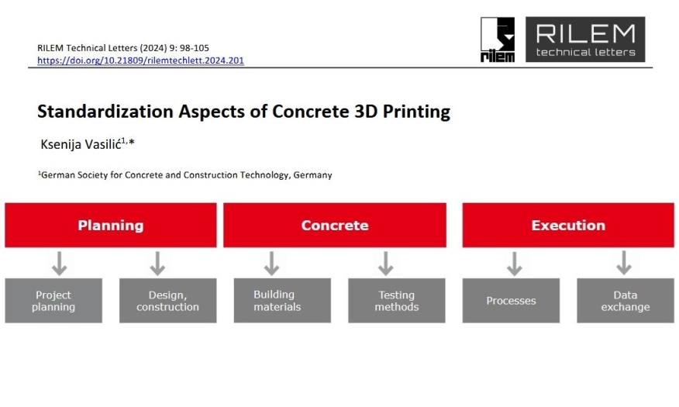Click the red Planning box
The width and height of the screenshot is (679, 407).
click(111, 225)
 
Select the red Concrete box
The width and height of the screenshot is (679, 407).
click(335, 225)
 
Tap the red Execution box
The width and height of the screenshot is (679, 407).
click(568, 225)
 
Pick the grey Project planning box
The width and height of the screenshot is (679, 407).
click(53, 301)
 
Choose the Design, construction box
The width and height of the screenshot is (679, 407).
click(168, 301)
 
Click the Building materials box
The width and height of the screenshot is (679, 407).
click(282, 301)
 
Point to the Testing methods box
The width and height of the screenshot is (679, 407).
click(397, 301)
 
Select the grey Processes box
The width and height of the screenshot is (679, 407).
click(511, 301)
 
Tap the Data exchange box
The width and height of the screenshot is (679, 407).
click(626, 301)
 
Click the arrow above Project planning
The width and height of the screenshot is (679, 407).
click(60, 264)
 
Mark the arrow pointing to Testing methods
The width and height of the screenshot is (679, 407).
click(385, 264)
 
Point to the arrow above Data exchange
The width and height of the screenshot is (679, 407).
click(623, 262)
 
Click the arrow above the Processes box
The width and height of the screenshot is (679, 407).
click(514, 264)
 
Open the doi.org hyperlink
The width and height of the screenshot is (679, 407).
click(141, 60)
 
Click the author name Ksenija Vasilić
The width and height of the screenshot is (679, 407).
click(81, 144)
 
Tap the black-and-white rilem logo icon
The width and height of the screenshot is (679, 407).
click(498, 40)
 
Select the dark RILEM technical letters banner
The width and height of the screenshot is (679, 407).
click(585, 40)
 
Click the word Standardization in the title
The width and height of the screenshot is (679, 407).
click(105, 112)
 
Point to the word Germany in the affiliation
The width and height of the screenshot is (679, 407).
click(312, 175)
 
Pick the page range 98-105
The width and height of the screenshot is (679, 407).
click(195, 47)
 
